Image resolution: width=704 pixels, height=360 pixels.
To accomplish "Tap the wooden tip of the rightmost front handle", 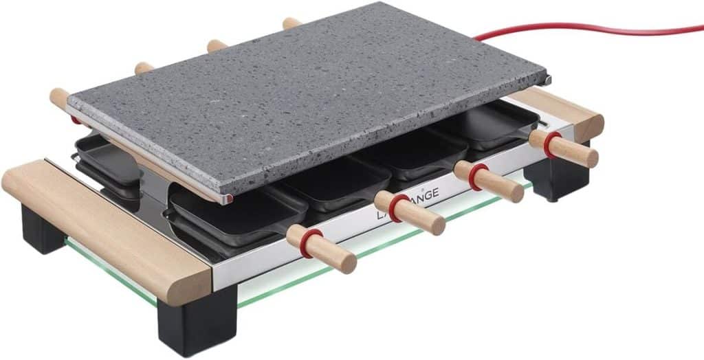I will coord(584,157).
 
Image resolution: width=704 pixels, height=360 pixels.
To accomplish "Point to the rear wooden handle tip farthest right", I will coord(291,23).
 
